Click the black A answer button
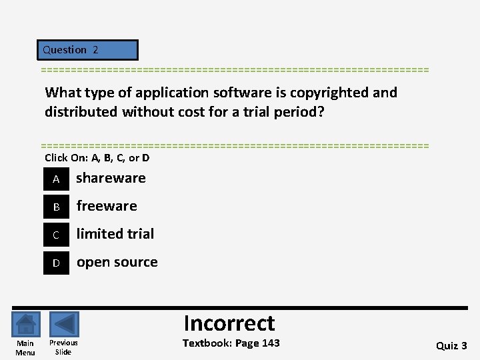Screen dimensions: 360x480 pyautogui.click(x=57, y=179)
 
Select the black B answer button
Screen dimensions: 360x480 pyautogui.click(x=57, y=207)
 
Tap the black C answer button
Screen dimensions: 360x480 pyautogui.click(x=57, y=235)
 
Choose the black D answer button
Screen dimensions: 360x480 pyautogui.click(x=57, y=263)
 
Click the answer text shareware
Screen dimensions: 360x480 pyautogui.click(x=111, y=178)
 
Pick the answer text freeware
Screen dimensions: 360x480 pyautogui.click(x=107, y=206)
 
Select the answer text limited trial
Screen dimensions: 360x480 pyautogui.click(x=115, y=234)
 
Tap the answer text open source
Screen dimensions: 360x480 pyautogui.click(x=117, y=262)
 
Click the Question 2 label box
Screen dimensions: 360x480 pyautogui.click(x=87, y=50)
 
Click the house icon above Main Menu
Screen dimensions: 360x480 pyautogui.click(x=25, y=325)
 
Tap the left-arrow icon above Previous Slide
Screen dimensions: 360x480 pyautogui.click(x=64, y=325)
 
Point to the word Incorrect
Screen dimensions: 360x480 pyautogui.click(x=229, y=323)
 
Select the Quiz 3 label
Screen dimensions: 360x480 pyautogui.click(x=451, y=345)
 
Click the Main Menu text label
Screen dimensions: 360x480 pyautogui.click(x=25, y=348)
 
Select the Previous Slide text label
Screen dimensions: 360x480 pyautogui.click(x=63, y=347)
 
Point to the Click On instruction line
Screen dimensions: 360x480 pyautogui.click(x=97, y=158)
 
